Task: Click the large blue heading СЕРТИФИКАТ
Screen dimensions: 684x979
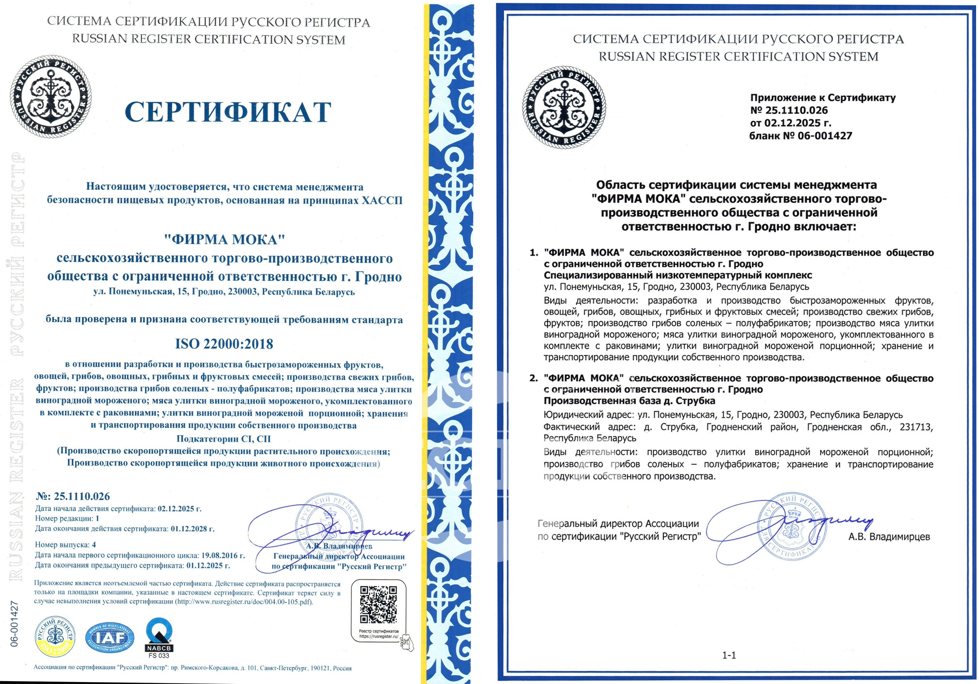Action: tap(228, 112)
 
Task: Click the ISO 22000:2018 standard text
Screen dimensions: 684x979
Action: tap(224, 344)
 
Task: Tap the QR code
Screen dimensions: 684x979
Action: tap(379, 605)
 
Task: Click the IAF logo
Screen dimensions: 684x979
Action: tap(110, 638)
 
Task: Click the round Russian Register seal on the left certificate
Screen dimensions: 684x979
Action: tap(50, 96)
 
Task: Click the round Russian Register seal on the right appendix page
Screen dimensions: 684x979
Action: tap(564, 107)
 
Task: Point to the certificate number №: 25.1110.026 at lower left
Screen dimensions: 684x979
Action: tap(73, 497)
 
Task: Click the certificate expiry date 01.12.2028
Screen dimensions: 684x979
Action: tap(192, 529)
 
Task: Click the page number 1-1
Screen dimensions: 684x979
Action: tap(729, 655)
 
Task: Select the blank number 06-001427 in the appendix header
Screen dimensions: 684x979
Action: tap(824, 136)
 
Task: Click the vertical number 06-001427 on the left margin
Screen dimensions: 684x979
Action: tap(15, 624)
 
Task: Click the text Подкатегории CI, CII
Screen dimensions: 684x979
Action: tap(223, 439)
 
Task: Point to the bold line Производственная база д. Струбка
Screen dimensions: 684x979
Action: tap(629, 401)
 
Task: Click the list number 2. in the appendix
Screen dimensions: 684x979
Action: tap(534, 378)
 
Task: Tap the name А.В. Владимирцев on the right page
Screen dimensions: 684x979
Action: tap(889, 537)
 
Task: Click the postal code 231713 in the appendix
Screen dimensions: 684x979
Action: tap(916, 427)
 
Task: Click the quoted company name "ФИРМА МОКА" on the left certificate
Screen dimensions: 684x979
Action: tap(224, 240)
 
